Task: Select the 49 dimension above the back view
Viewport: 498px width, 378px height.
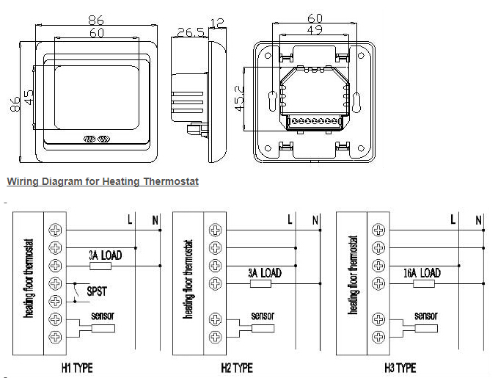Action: [x=315, y=29]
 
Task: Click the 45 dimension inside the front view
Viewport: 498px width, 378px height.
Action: [x=28, y=98]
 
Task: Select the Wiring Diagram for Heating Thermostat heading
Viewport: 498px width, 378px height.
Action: [x=103, y=181]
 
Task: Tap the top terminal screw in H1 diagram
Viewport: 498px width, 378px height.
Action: [x=56, y=229]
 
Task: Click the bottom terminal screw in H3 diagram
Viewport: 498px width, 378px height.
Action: [x=378, y=337]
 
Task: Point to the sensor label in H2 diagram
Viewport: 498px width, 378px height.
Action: [x=263, y=316]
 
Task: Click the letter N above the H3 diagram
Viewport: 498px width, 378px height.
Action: [x=478, y=219]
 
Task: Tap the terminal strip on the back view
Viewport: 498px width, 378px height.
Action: [x=315, y=119]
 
